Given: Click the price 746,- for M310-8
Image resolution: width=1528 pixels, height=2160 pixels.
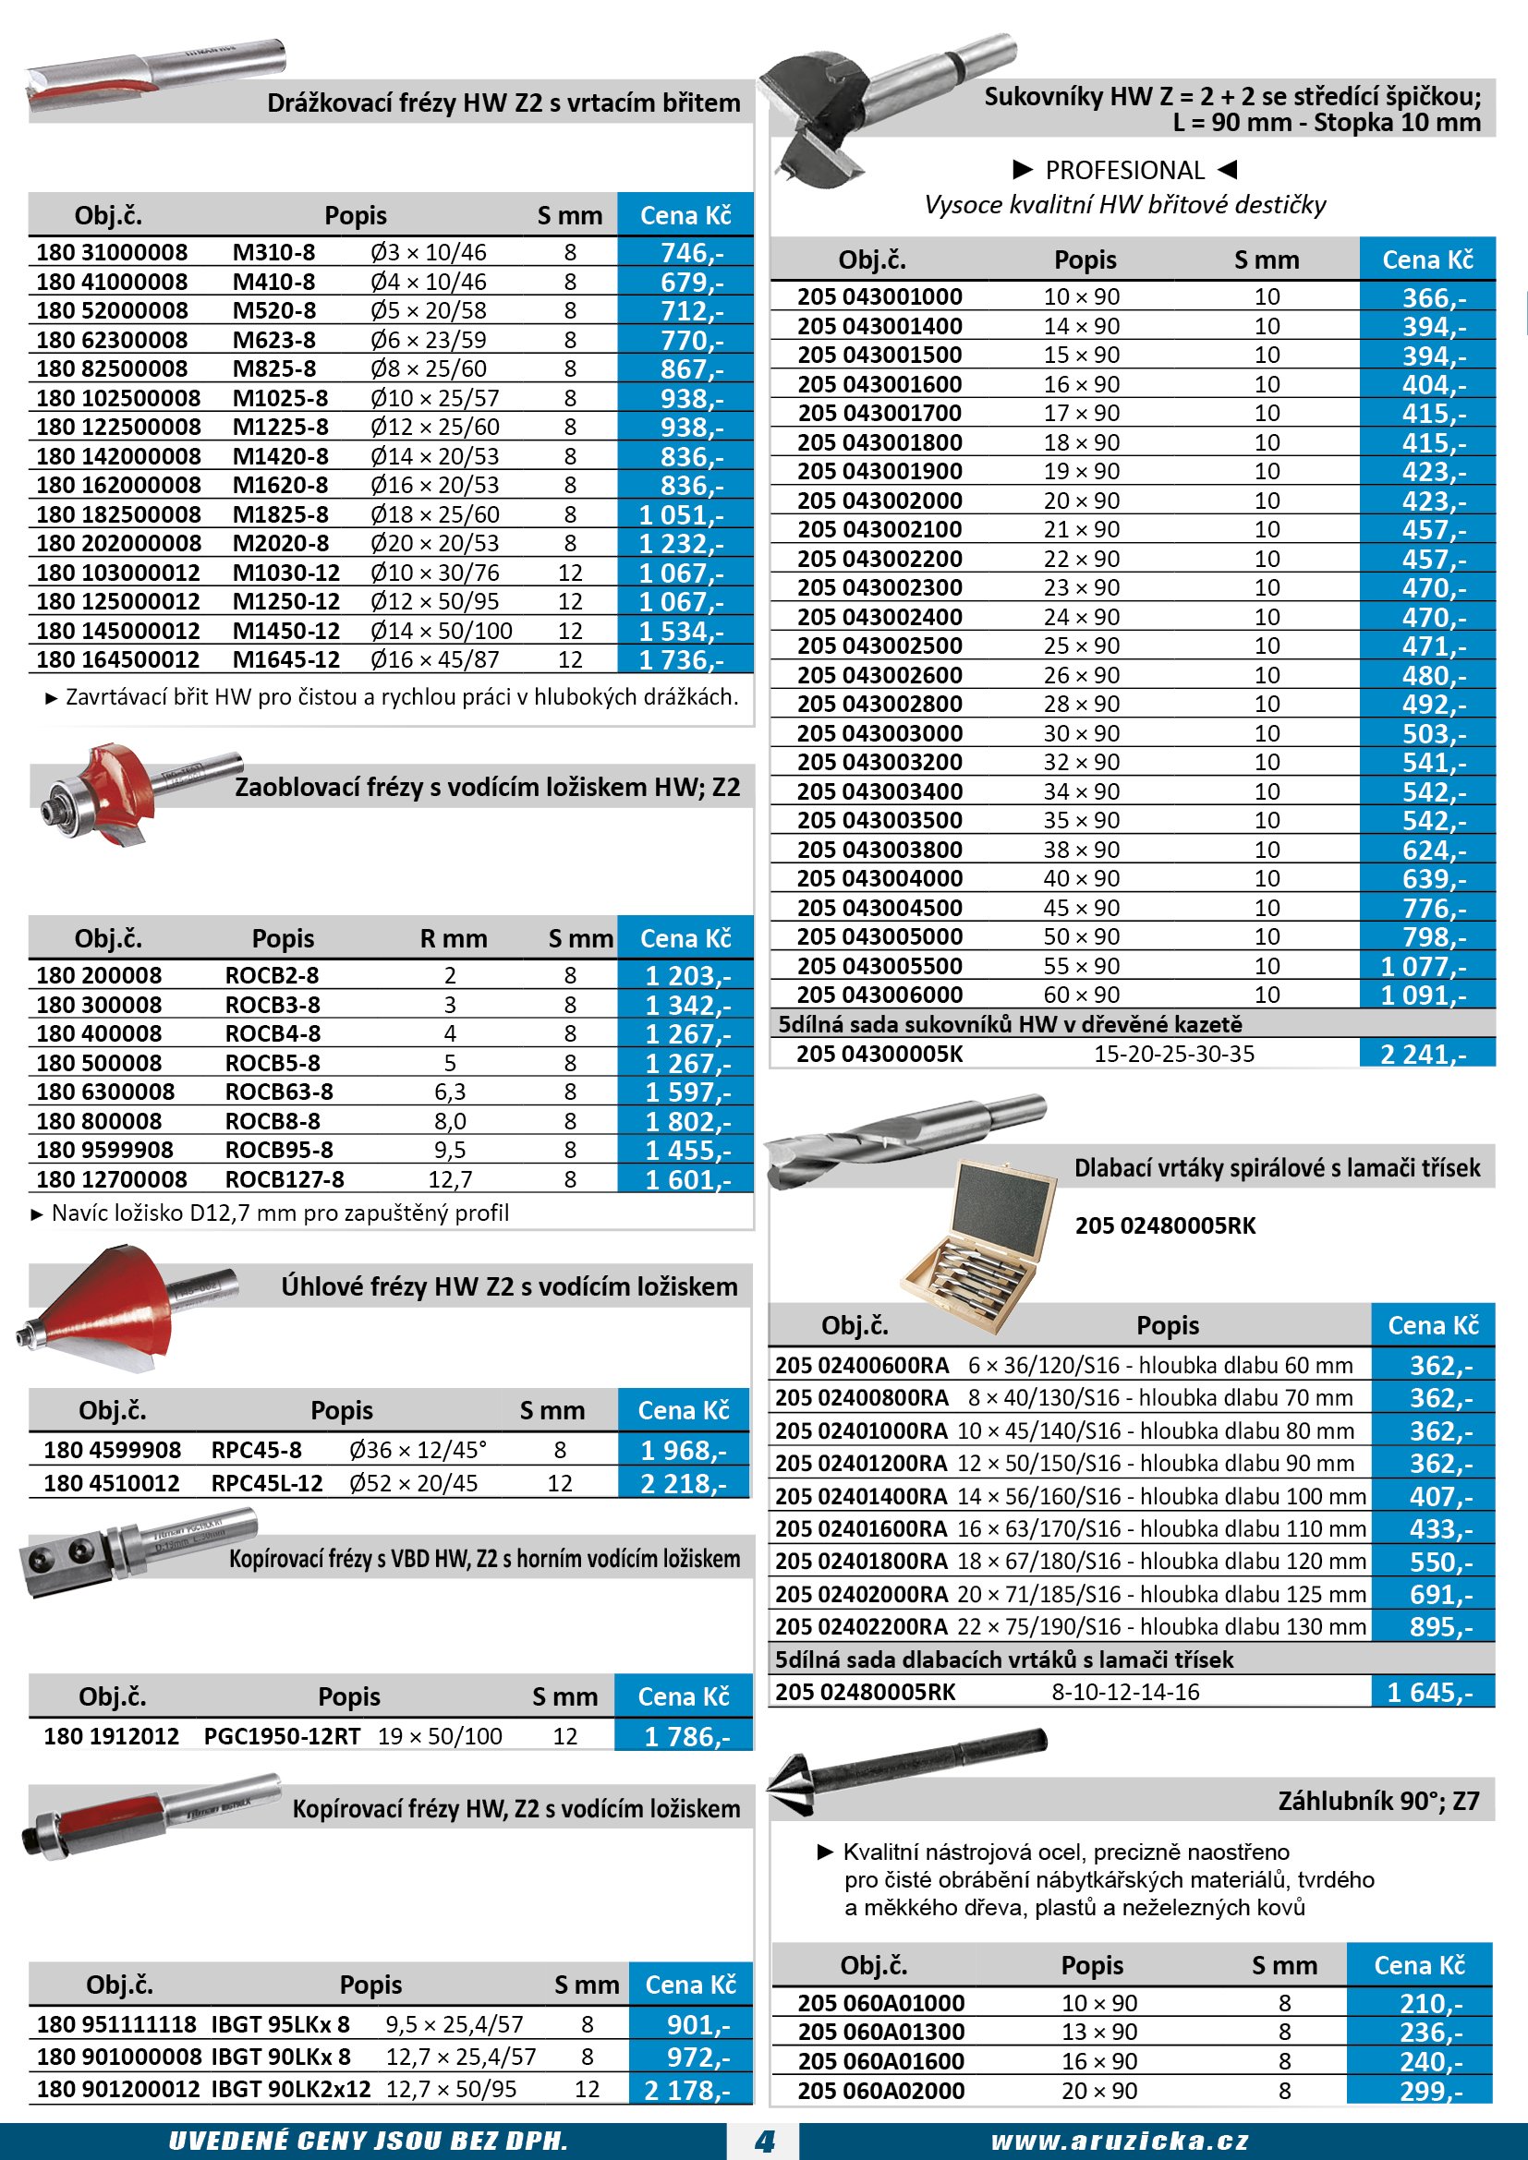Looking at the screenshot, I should tap(691, 253).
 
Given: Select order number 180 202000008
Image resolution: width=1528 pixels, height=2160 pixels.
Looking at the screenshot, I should tap(118, 544).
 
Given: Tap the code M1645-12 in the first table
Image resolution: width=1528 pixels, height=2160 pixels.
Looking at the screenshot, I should tap(286, 660).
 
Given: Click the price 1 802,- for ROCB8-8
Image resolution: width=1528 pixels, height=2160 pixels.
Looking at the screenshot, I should tap(686, 1121).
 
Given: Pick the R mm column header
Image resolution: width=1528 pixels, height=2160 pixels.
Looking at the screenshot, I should tap(454, 939).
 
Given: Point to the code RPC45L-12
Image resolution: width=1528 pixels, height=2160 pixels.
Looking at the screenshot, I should tap(266, 1484).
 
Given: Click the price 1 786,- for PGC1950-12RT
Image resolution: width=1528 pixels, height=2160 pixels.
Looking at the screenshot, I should tap(685, 1737).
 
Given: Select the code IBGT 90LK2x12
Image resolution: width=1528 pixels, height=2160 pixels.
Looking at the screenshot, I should tap(291, 2090).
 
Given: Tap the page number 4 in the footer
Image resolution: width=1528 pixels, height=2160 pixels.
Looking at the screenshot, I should tap(764, 2142).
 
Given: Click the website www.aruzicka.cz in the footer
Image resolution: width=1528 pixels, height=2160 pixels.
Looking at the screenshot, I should tap(1120, 2142).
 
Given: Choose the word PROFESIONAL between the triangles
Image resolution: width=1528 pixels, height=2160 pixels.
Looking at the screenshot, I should tap(1124, 170).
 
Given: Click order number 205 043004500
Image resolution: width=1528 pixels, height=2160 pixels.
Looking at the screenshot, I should tap(879, 908).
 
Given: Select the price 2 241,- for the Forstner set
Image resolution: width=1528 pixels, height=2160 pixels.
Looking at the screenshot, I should tap(1423, 1055).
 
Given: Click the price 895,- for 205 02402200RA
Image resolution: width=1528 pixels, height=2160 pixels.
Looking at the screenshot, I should tap(1439, 1626).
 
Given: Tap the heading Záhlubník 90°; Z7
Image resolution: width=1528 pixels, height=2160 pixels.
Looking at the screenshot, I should tap(1378, 1801).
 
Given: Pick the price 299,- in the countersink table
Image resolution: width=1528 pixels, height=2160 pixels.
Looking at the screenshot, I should tap(1430, 2092).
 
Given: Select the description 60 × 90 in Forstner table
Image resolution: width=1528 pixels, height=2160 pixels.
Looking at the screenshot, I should tap(1081, 996).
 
